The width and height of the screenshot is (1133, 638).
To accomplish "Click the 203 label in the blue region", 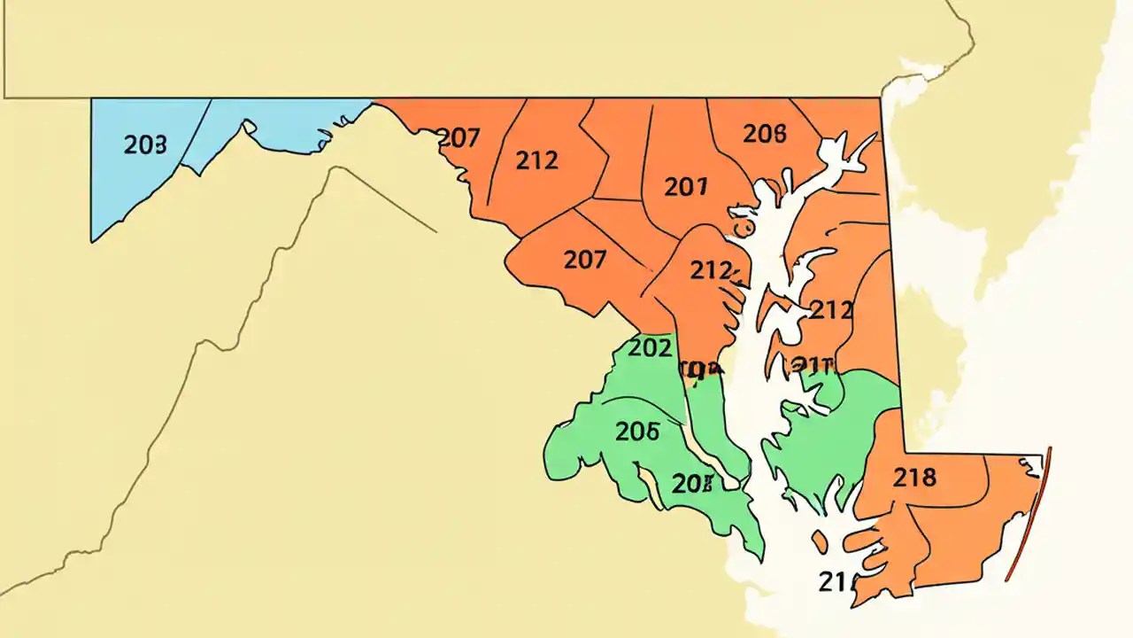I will click(x=144, y=145).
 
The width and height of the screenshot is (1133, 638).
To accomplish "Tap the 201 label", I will click(x=686, y=186).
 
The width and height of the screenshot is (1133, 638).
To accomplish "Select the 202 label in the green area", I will click(x=649, y=348).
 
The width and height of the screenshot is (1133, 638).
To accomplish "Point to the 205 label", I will click(x=637, y=431).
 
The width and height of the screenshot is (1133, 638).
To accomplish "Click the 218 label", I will click(x=914, y=478).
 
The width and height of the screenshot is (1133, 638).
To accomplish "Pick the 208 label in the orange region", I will click(x=764, y=134).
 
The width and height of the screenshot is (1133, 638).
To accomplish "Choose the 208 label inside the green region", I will click(x=692, y=483).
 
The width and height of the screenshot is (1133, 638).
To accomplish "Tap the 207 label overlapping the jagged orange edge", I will click(x=459, y=138).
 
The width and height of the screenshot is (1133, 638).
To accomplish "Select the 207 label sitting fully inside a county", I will click(x=585, y=260).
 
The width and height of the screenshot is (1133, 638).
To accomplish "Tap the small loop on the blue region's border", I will click(x=249, y=128).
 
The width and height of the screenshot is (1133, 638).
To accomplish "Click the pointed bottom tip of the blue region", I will click(x=93, y=239).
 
